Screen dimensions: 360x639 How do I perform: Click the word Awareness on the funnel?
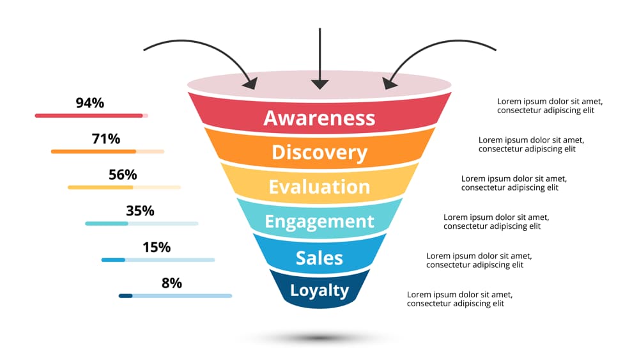click(319, 118)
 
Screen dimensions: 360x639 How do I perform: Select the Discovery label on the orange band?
click(319, 152)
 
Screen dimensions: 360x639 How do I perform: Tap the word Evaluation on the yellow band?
click(319, 187)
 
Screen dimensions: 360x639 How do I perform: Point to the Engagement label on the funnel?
click(319, 221)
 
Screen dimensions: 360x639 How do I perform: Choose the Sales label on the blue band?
click(319, 258)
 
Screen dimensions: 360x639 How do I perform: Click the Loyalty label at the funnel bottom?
click(319, 290)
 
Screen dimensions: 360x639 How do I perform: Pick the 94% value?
click(89, 102)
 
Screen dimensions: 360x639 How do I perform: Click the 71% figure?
click(106, 138)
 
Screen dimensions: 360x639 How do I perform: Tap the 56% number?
click(123, 174)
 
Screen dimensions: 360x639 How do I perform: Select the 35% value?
click(140, 210)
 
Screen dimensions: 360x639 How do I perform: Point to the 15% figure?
click(157, 247)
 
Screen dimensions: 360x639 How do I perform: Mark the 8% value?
click(172, 283)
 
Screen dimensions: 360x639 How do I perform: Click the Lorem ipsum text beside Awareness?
click(550, 106)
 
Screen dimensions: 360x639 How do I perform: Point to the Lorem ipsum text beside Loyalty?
click(459, 299)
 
